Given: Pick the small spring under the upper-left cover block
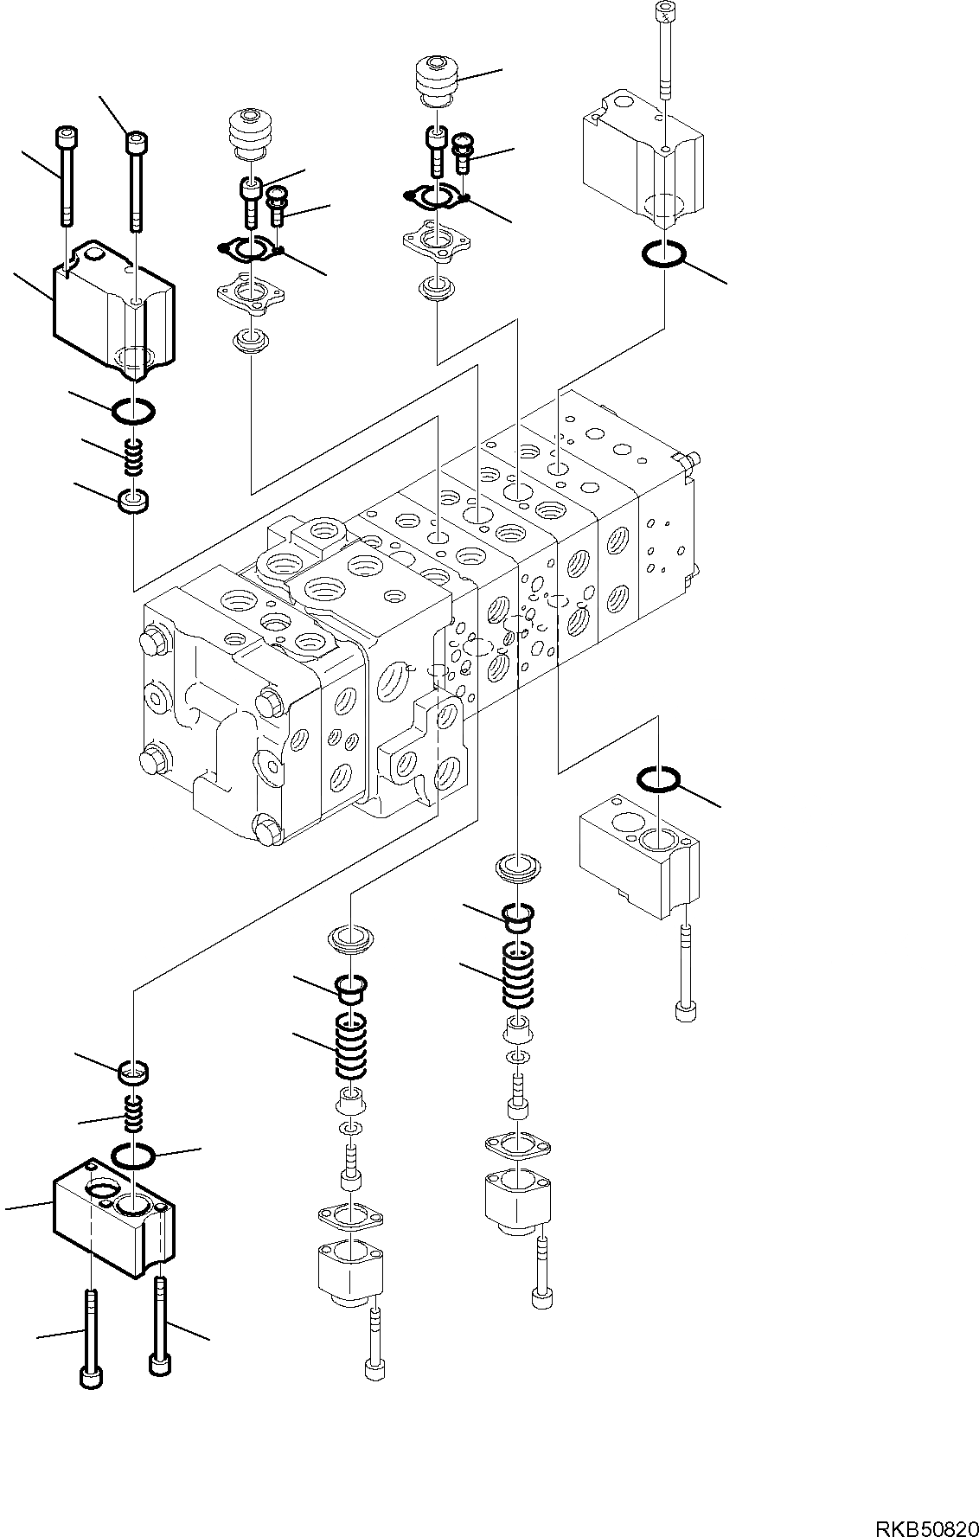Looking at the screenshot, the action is (x=132, y=457).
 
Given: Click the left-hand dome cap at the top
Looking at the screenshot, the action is (x=251, y=134).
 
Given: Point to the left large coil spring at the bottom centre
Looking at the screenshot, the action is (x=352, y=1046).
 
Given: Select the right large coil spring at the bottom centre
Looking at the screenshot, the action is (x=521, y=976).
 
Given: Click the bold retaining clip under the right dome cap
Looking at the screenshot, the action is (x=436, y=196).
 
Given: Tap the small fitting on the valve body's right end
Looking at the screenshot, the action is (x=688, y=459).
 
